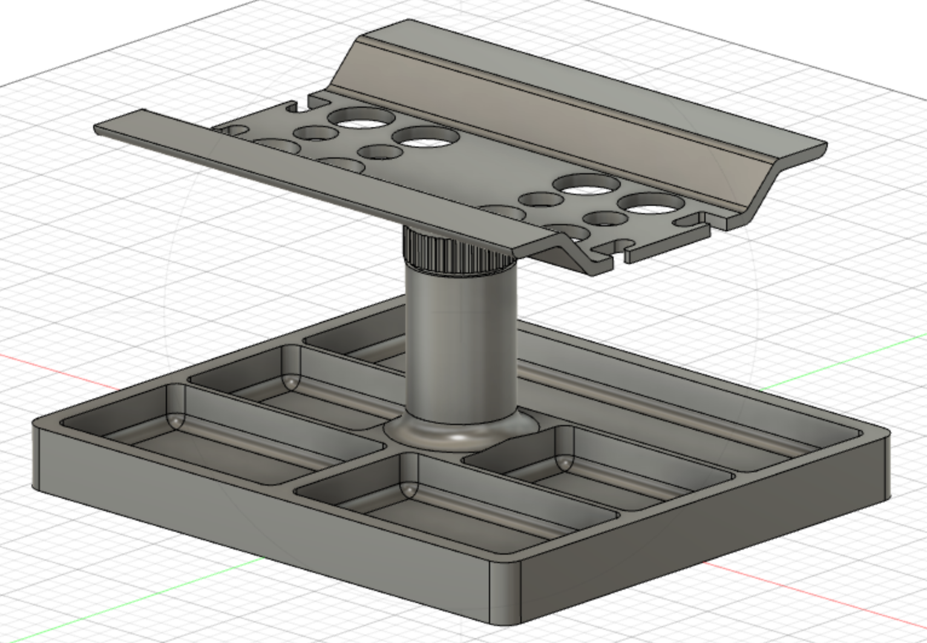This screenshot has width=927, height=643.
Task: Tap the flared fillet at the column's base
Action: (460, 433)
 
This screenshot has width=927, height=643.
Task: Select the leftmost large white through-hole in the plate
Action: (361, 119)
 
